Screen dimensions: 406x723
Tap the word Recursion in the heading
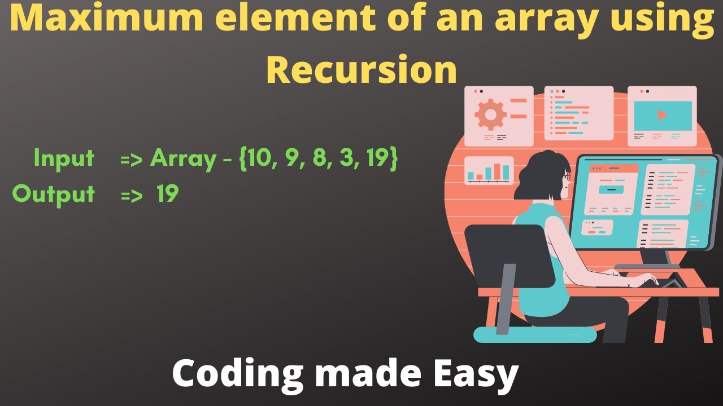pyautogui.click(x=361, y=70)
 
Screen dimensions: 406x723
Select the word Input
pyautogui.click(x=64, y=158)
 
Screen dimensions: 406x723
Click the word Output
pyautogui.click(x=54, y=195)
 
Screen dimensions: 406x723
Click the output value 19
pyautogui.click(x=168, y=195)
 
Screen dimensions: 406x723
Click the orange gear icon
pyautogui.click(x=490, y=114)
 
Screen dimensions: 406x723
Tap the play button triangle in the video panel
pyautogui.click(x=663, y=115)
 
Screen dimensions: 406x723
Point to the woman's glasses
pyautogui.click(x=567, y=176)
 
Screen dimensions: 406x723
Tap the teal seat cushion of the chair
pyautogui.click(x=534, y=335)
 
